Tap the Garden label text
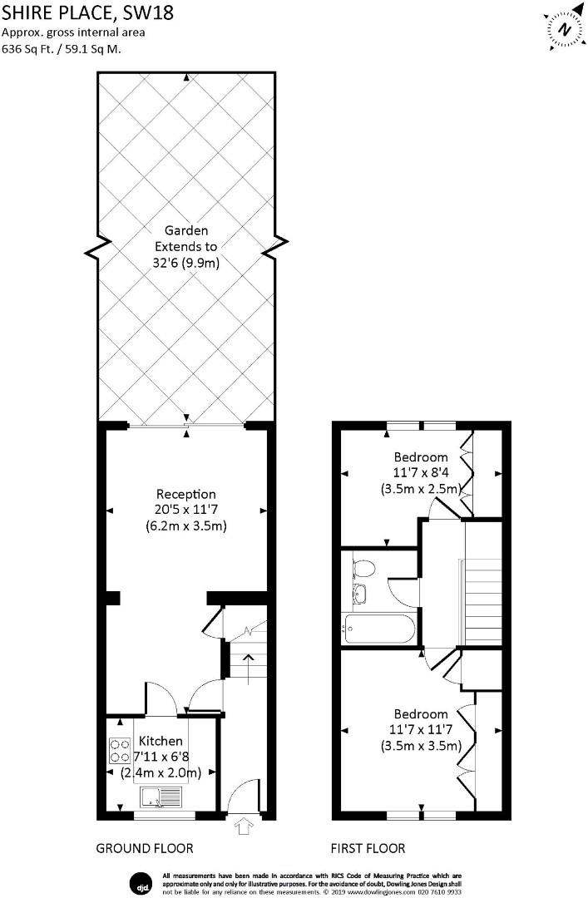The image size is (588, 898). pos(185,230)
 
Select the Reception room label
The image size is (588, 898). pos(185,494)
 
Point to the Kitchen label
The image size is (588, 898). pos(160,741)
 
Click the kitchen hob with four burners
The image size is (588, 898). pos(121,752)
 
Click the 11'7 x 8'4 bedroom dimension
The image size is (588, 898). pos(420,473)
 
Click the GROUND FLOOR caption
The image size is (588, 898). pos(145,849)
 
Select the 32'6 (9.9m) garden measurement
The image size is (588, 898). pos(185,263)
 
